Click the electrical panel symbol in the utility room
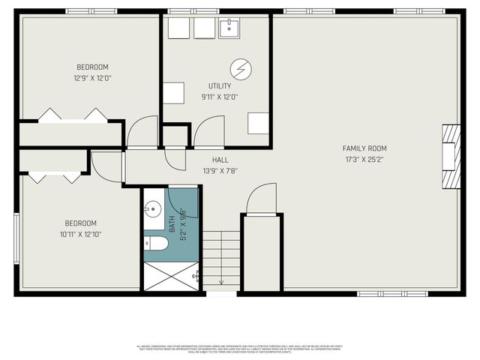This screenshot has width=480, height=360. (x=240, y=69)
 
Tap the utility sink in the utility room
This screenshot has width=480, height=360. (x=229, y=28)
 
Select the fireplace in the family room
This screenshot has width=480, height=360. (x=449, y=156)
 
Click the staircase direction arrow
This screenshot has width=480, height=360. (x=221, y=281)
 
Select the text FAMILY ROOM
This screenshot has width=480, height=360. (x=364, y=148)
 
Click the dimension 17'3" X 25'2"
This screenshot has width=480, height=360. (x=364, y=159)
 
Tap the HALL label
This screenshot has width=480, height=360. (x=220, y=160)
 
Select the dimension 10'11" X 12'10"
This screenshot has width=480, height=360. (x=81, y=235)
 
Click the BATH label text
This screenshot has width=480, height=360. (x=172, y=223)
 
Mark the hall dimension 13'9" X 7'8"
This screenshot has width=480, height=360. (x=220, y=171)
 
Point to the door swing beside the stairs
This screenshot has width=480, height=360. (x=262, y=199)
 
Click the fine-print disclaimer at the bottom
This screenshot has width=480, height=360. (x=240, y=348)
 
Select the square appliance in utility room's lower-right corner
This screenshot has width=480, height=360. (x=258, y=123)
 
